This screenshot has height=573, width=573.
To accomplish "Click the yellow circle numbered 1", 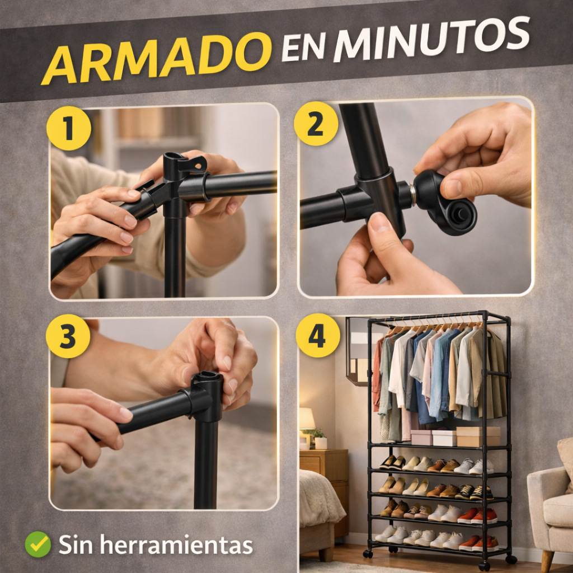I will [69, 128].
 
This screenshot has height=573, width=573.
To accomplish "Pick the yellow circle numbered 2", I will [316, 124].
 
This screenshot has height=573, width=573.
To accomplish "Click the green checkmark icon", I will [38, 544].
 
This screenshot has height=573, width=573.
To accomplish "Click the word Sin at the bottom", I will [76, 544].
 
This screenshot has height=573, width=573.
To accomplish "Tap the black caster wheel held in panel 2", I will [447, 203].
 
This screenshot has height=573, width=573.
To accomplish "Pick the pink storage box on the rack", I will [421, 437].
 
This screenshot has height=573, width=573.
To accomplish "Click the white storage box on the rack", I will [444, 438].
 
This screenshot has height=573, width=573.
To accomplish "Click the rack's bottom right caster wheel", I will [510, 559].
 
